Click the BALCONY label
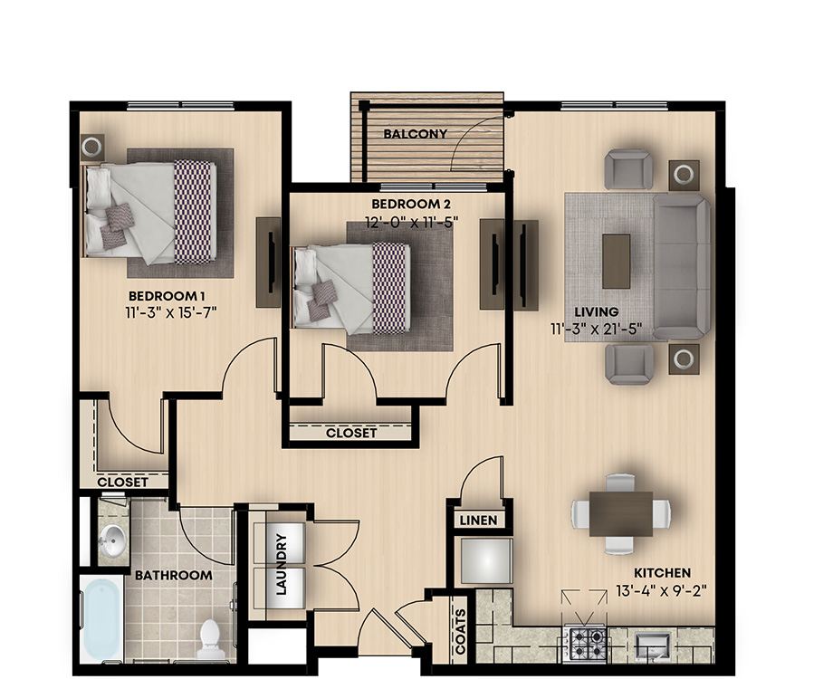click(x=415, y=134)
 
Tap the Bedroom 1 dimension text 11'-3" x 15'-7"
click(x=171, y=311)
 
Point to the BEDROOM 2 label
click(x=411, y=204)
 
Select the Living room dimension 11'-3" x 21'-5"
click(x=596, y=329)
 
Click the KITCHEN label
click(x=662, y=573)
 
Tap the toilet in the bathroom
click(x=209, y=638)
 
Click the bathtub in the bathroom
click(x=101, y=619)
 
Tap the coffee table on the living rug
click(x=617, y=262)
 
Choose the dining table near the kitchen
click(x=620, y=513)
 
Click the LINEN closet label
click(x=479, y=521)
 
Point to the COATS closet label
click(x=461, y=632)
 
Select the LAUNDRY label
click(x=281, y=564)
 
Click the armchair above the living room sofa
click(x=628, y=169)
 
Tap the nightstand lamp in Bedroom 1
click(x=92, y=147)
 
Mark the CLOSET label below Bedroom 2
click(x=351, y=433)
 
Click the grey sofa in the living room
click(x=682, y=267)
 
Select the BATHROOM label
click(x=173, y=576)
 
